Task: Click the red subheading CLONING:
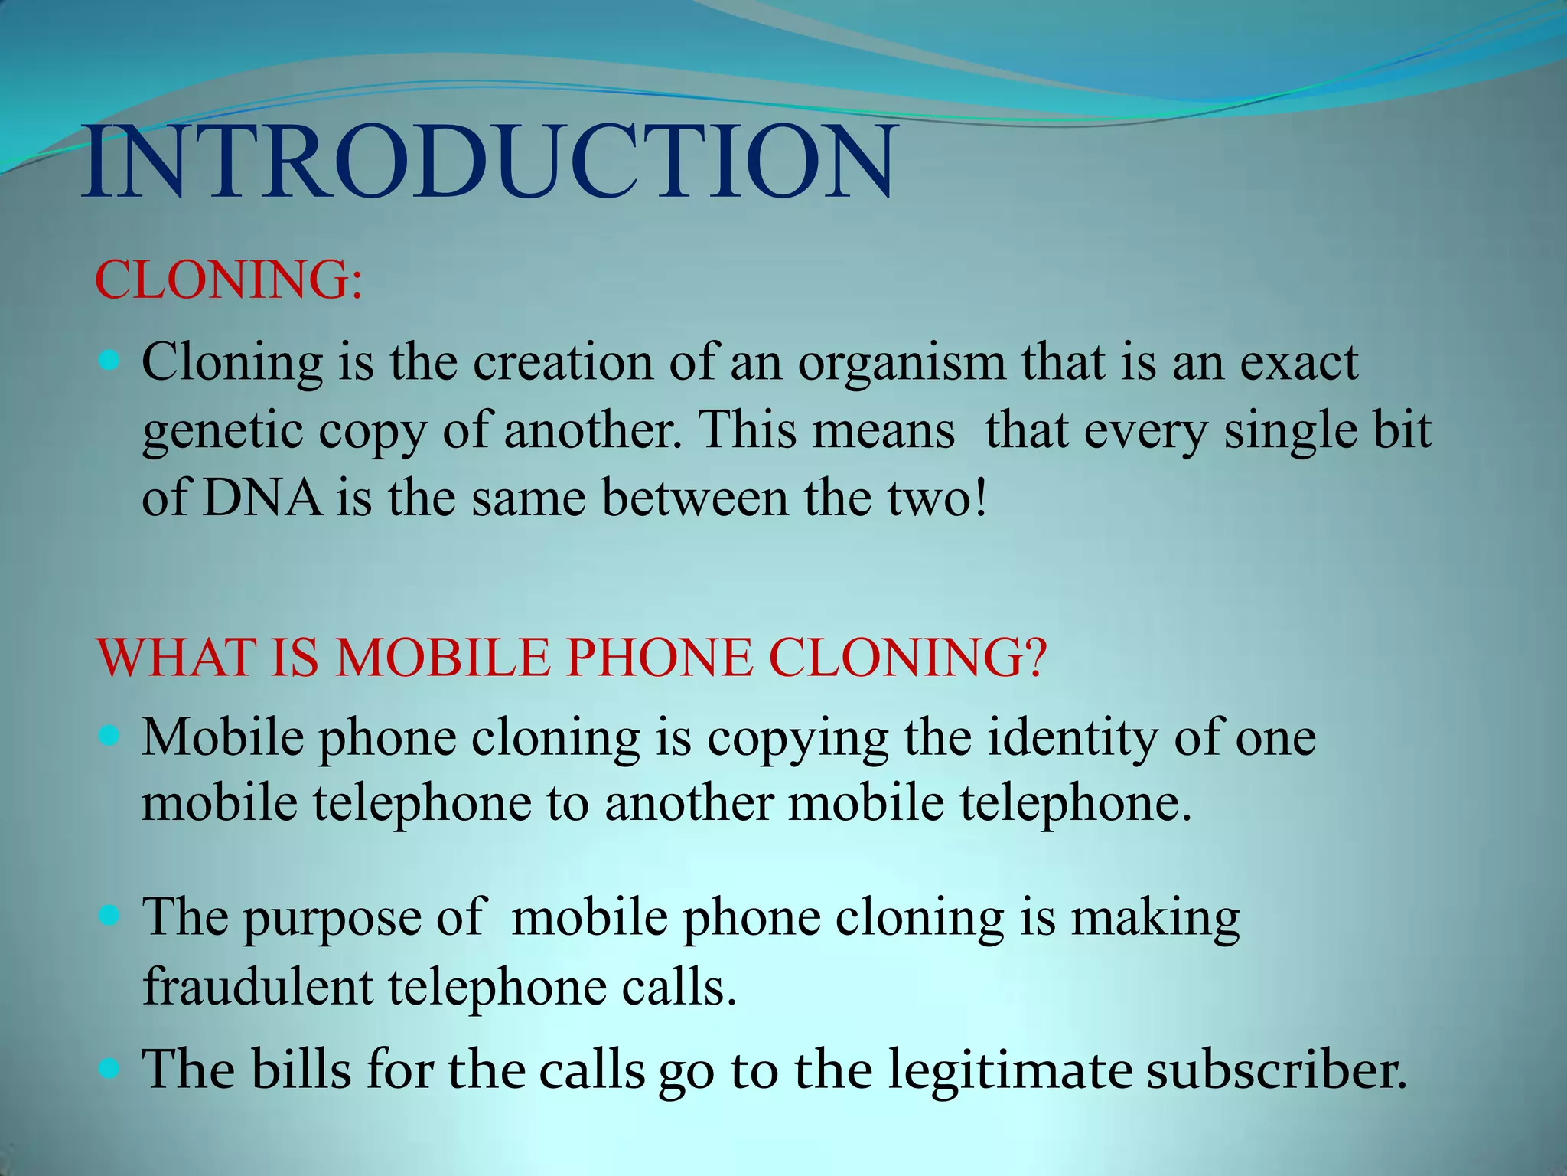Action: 228,280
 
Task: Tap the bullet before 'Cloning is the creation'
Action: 110,359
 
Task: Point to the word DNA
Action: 262,498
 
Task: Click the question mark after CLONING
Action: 1034,658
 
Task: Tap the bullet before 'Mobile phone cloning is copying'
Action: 110,736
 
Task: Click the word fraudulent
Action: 258,987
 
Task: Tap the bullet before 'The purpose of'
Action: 110,914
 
